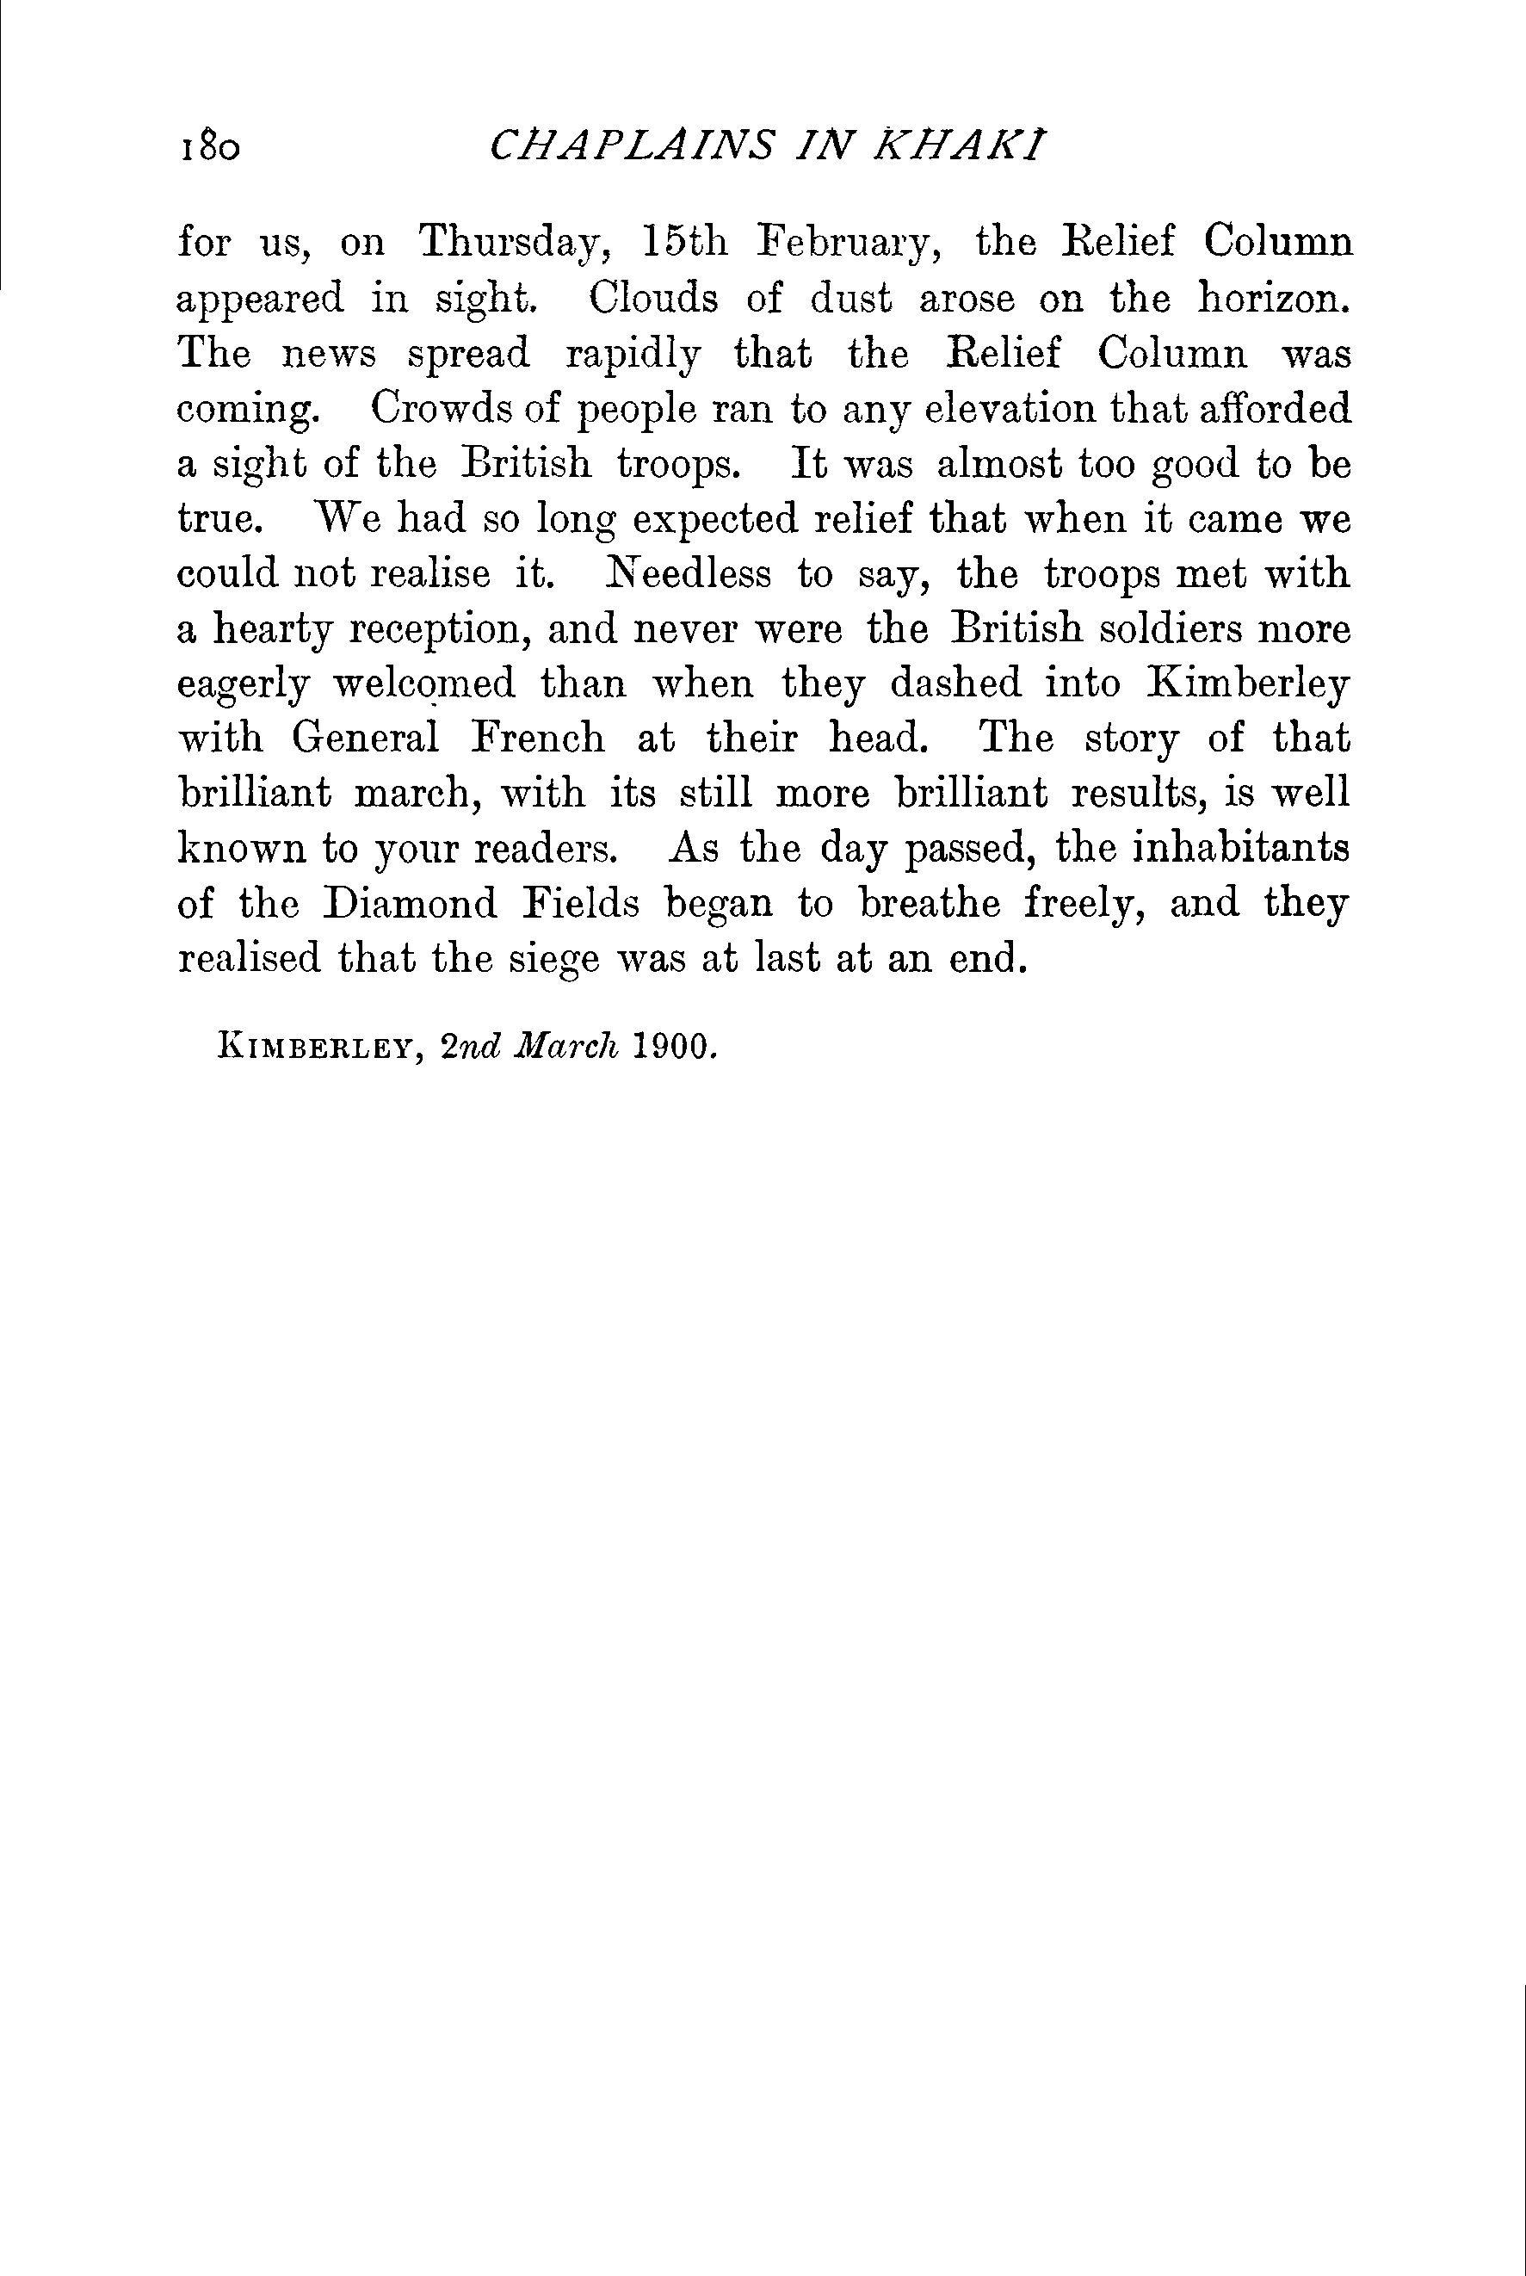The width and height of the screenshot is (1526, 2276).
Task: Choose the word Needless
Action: [x=688, y=574]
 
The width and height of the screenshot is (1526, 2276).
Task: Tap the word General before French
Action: [x=366, y=739]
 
